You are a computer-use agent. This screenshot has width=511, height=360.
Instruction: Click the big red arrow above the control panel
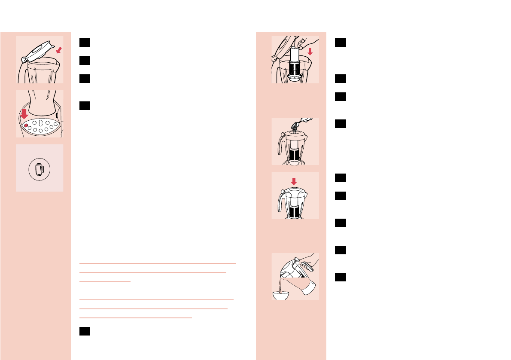[24, 114]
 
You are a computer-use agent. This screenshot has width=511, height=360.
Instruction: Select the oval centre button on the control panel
[40, 123]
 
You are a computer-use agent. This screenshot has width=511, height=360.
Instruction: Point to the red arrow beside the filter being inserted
[310, 52]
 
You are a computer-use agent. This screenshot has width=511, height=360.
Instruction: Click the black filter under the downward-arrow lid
[295, 211]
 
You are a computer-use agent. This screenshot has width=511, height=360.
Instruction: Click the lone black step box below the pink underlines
[84, 331]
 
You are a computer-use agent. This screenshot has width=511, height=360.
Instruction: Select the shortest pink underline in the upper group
[105, 281]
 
